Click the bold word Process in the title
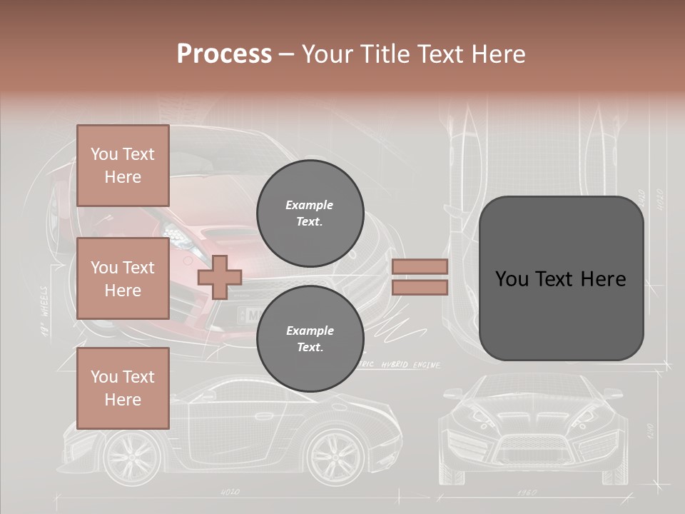click(224, 54)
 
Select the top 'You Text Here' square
click(123, 166)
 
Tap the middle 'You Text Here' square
click(123, 278)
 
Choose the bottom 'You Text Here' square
click(123, 388)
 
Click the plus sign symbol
click(220, 277)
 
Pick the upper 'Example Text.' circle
click(310, 213)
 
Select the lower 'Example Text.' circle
click(310, 339)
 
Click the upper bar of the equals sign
click(420, 266)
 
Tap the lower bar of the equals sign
click(420, 287)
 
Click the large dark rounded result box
click(561, 278)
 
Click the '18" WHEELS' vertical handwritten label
click(44, 311)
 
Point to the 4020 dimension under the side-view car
click(230, 492)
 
